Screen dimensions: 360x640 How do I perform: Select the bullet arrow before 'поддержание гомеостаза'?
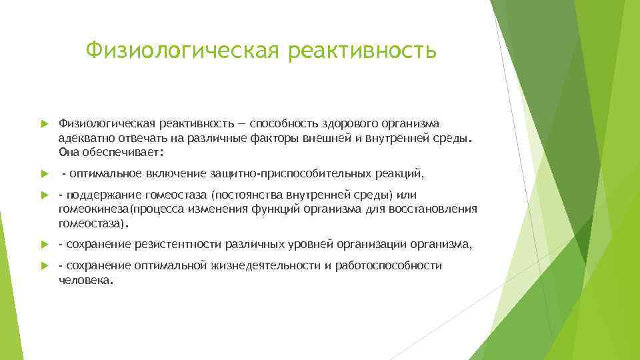click(44, 195)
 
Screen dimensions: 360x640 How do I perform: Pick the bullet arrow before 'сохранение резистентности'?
click(44, 245)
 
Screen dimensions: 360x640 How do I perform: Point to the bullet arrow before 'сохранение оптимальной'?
click(44, 266)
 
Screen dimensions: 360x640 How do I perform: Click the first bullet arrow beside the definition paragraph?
click(44, 124)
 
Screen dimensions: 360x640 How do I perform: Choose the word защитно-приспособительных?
click(288, 174)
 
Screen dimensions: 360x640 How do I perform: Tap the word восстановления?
click(437, 209)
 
